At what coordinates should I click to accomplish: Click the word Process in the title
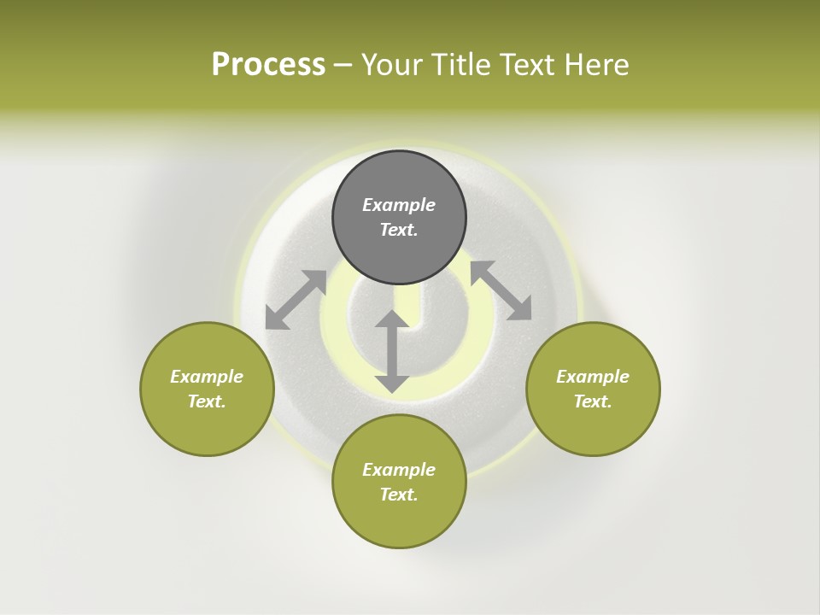click(268, 65)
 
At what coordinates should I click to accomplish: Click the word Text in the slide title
click(530, 65)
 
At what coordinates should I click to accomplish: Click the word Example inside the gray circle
click(399, 205)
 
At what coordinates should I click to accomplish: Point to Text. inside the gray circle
click(399, 230)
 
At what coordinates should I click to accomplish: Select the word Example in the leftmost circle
click(207, 377)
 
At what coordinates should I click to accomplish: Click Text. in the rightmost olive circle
click(593, 401)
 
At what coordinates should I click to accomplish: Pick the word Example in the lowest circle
click(399, 470)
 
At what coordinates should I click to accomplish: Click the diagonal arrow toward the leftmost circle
click(296, 300)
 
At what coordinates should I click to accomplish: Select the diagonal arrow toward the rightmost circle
click(501, 290)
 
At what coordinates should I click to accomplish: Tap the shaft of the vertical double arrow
click(392, 352)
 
